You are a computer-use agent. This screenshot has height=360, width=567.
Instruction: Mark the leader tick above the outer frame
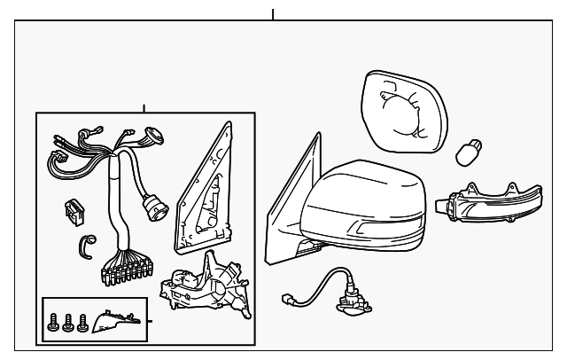[273, 14]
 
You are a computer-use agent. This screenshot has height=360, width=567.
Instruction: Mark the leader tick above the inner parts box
[144, 108]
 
